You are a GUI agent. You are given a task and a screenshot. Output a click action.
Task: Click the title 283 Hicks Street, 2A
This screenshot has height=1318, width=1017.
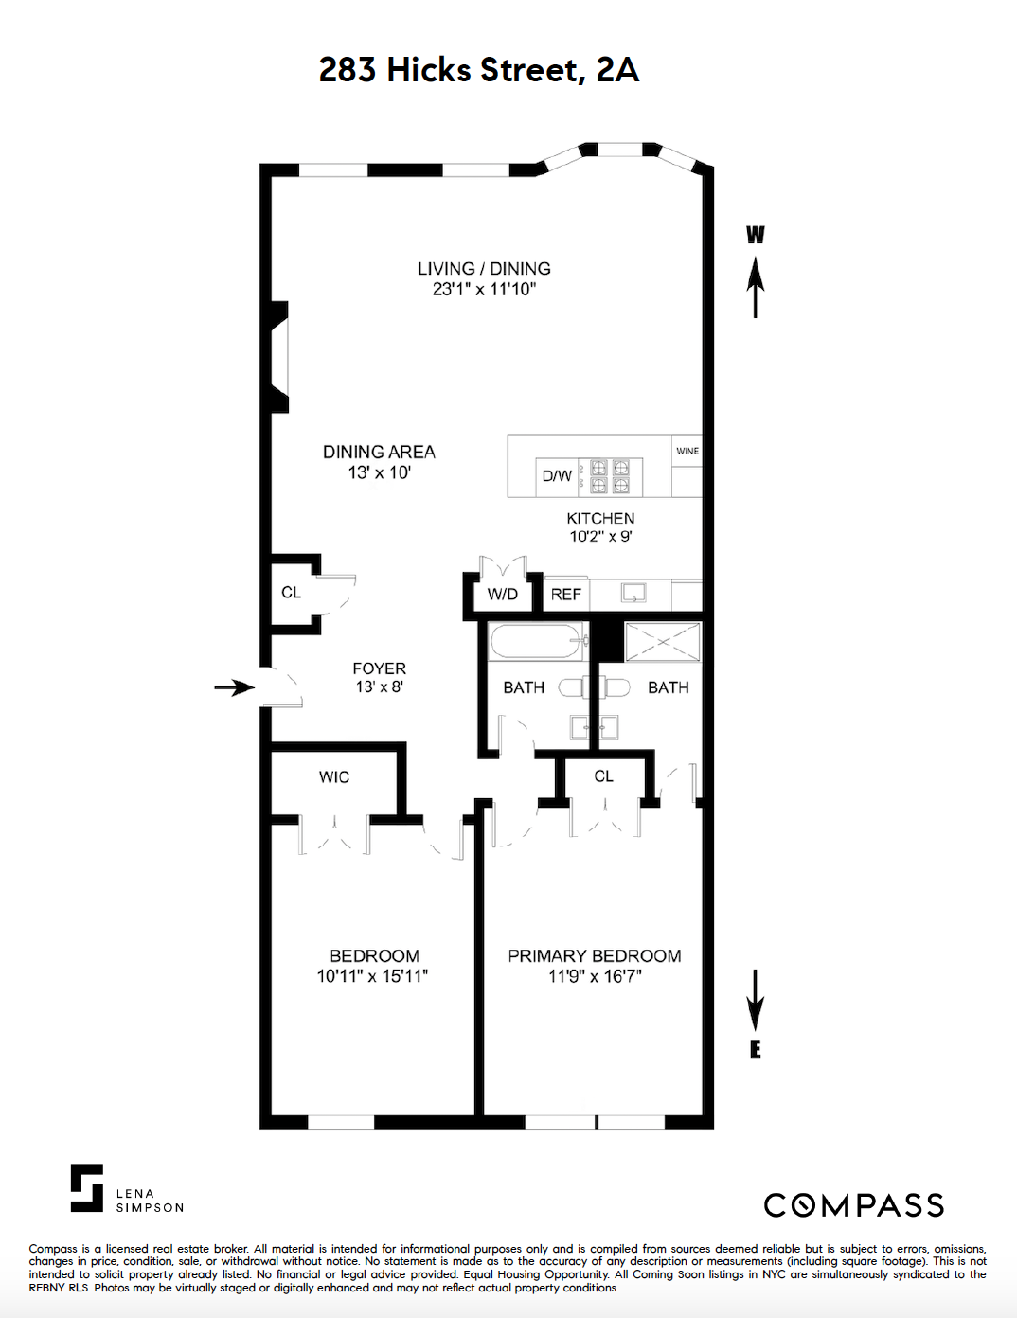coord(479,70)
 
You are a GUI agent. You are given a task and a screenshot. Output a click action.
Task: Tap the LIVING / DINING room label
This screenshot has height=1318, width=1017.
coord(484,269)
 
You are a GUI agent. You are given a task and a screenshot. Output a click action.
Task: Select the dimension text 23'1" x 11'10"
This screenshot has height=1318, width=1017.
coord(484,290)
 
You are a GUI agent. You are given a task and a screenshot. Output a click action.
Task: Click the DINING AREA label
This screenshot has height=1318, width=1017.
coord(379,453)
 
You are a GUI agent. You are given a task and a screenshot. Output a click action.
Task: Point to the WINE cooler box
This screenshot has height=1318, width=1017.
coord(687,452)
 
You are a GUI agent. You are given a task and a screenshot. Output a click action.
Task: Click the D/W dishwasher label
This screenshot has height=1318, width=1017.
coord(557,476)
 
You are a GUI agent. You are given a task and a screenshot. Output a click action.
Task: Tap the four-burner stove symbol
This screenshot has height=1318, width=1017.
coord(610,476)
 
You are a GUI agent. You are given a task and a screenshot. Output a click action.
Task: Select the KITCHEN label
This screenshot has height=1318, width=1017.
coord(600,519)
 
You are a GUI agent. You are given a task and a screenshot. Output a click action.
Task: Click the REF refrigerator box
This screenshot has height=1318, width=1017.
coord(566,595)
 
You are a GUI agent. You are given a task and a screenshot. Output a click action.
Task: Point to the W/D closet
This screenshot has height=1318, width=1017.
coord(503,595)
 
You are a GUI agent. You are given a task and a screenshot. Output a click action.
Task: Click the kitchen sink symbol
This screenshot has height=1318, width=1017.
coord(633,594)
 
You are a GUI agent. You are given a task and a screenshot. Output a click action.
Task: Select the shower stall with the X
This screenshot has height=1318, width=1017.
coord(663,642)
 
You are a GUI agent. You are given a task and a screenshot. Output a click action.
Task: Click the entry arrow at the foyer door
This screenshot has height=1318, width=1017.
coord(234,687)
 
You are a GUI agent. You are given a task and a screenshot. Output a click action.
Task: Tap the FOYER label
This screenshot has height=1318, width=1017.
coord(379,668)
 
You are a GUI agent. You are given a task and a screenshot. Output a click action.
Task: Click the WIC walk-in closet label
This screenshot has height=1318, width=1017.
coord(334,777)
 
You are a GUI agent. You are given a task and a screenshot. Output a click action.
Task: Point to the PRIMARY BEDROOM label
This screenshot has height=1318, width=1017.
coord(595,956)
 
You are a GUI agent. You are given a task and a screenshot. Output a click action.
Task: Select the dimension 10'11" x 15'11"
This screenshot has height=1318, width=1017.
coord(372,976)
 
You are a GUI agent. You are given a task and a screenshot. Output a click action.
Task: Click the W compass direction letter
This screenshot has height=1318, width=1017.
coord(755,235)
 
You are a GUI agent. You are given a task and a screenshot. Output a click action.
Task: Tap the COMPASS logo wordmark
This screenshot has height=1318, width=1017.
coord(854,1205)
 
